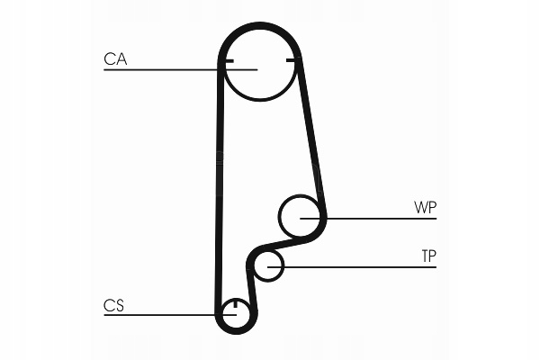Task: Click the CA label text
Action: click(x=115, y=59)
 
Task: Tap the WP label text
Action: click(x=425, y=208)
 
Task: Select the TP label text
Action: click(x=428, y=256)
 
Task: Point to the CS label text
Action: click(x=113, y=306)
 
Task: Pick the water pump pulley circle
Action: click(x=301, y=216)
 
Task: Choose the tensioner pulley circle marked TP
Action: click(x=268, y=265)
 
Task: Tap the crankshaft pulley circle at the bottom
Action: click(x=235, y=315)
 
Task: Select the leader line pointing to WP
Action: click(x=378, y=218)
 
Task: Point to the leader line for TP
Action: click(x=360, y=266)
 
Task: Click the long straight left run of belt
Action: click(x=218, y=180)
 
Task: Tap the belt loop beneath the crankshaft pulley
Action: click(x=236, y=334)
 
